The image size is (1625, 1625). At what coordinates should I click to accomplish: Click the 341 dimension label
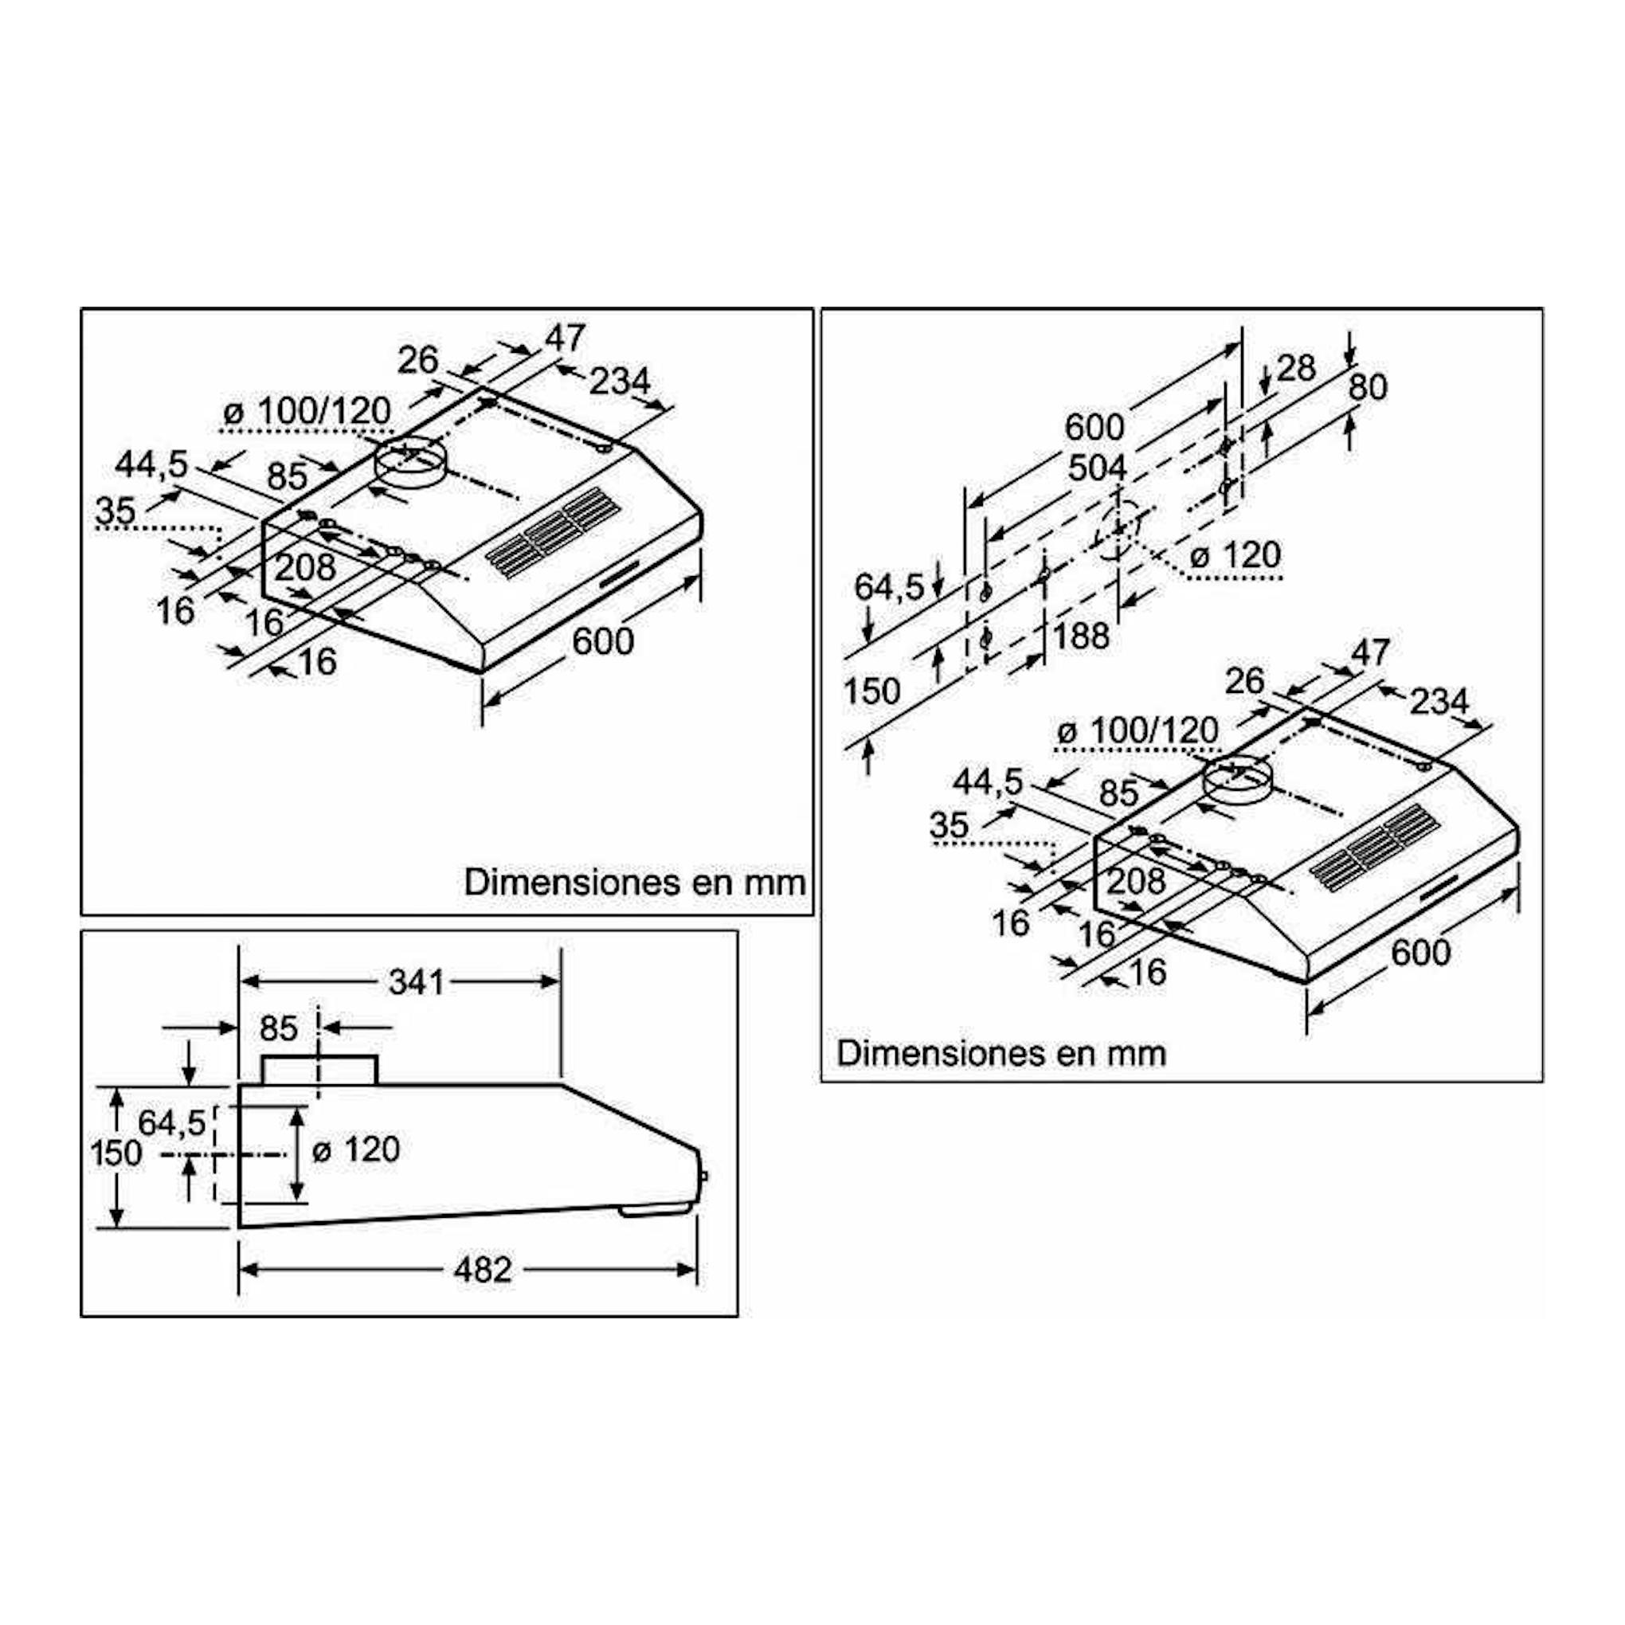click(x=416, y=981)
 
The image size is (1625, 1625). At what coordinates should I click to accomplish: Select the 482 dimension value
click(x=482, y=1270)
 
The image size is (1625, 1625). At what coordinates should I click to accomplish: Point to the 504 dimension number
click(x=1097, y=468)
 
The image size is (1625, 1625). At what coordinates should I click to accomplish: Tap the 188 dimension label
click(x=1081, y=636)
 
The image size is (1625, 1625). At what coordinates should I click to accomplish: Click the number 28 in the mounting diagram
click(x=1295, y=367)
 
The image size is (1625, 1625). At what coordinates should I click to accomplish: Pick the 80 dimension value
click(x=1368, y=387)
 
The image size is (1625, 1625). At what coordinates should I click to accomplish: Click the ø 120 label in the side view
click(x=356, y=1149)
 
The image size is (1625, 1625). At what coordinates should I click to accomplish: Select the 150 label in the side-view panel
click(x=116, y=1153)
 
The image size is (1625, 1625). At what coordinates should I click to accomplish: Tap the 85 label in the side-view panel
click(x=279, y=1028)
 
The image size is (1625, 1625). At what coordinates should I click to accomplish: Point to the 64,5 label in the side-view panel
click(x=171, y=1122)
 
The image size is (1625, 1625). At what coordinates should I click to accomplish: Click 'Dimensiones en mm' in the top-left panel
click(x=635, y=883)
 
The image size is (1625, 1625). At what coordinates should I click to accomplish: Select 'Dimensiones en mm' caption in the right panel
click(x=1001, y=1053)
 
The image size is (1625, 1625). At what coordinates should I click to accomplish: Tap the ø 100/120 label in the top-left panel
click(x=307, y=411)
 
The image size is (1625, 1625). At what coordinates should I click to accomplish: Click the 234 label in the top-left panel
click(x=619, y=380)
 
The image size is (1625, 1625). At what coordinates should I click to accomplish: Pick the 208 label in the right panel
click(x=1134, y=881)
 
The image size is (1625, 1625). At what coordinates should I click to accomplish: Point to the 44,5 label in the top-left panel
click(x=151, y=464)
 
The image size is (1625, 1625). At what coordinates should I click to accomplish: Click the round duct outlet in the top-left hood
click(x=409, y=463)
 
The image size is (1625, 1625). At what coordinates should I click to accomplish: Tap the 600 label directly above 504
click(x=1094, y=427)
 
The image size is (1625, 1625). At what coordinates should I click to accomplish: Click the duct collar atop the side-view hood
click(x=319, y=1070)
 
